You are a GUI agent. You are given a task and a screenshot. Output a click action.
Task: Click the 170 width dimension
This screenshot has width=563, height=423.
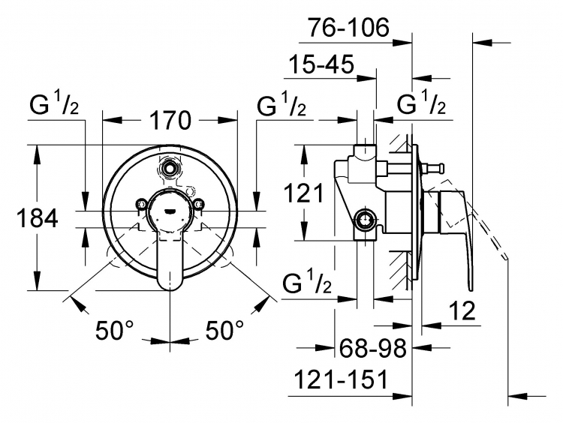pyautogui.click(x=170, y=120)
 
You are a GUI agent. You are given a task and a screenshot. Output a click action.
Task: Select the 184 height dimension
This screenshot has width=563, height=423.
pyautogui.click(x=38, y=217)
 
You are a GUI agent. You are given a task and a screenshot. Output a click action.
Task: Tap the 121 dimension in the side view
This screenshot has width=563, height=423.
pyautogui.click(x=303, y=193)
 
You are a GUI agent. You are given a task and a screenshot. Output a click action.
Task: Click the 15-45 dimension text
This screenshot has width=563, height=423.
pyautogui.click(x=321, y=64)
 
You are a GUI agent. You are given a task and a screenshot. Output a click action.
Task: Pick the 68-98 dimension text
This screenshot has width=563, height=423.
pyautogui.click(x=372, y=348)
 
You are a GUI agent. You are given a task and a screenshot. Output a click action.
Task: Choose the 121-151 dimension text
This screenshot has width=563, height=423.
pyautogui.click(x=341, y=379)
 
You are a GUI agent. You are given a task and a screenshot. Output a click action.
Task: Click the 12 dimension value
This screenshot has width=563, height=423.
pyautogui.click(x=462, y=310)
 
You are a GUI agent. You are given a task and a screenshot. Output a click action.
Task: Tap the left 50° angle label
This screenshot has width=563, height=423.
pyautogui.click(x=115, y=330)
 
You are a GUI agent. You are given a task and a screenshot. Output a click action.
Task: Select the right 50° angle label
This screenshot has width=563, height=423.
pyautogui.click(x=224, y=330)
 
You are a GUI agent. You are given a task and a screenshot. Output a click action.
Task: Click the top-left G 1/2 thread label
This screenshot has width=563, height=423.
pyautogui.click(x=54, y=103)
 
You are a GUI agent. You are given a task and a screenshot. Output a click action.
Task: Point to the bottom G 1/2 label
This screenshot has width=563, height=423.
pyautogui.click(x=307, y=283)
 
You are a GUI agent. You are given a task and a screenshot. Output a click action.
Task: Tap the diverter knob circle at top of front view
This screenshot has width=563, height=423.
pyautogui.click(x=169, y=166)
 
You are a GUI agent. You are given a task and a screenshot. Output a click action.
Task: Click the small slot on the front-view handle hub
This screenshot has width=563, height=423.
pyautogui.click(x=169, y=211)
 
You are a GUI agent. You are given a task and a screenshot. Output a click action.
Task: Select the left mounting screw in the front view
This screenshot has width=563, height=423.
pyautogui.click(x=141, y=204)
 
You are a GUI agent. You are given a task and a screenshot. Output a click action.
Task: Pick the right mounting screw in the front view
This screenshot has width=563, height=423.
pyautogui.click(x=197, y=204)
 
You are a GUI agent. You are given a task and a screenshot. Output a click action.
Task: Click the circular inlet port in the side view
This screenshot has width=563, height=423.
pyautogui.click(x=365, y=219)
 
